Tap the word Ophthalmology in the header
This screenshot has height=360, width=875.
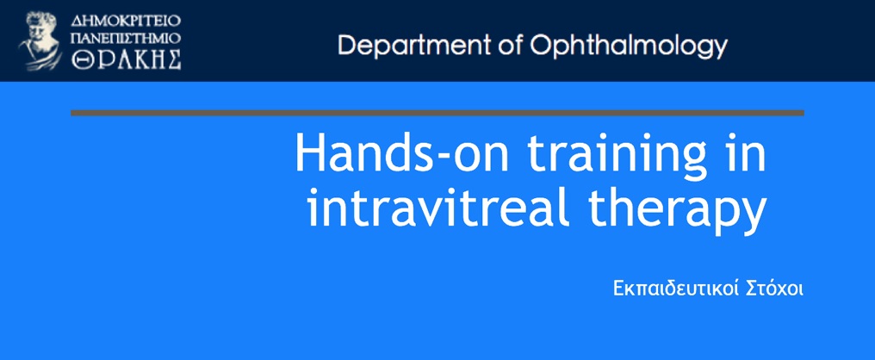(x=629, y=47)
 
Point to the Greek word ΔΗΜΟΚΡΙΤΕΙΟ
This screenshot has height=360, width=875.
(x=126, y=22)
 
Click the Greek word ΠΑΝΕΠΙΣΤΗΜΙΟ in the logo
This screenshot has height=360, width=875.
(x=126, y=38)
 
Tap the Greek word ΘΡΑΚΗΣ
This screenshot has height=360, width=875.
(x=126, y=59)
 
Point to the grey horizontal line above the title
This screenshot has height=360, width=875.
(x=437, y=113)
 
